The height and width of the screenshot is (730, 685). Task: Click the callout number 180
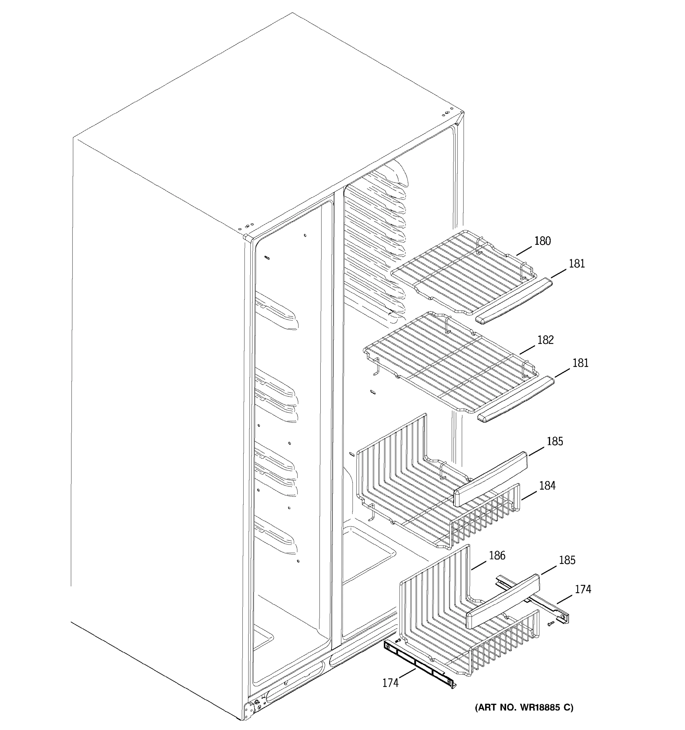point(543,241)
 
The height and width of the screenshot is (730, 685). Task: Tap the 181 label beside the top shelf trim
point(577,264)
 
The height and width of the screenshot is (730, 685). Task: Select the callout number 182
point(545,340)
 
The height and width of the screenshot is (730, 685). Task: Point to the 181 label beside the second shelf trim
point(580,363)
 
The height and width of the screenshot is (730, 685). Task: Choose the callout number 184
point(547,486)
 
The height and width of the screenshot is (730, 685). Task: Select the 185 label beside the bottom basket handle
point(567,560)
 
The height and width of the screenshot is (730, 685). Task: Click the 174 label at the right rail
point(583,589)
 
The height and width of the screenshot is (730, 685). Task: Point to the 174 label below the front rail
point(390,683)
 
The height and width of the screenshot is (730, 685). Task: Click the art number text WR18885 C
point(524,707)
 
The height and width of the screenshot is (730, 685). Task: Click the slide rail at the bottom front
point(419,664)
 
